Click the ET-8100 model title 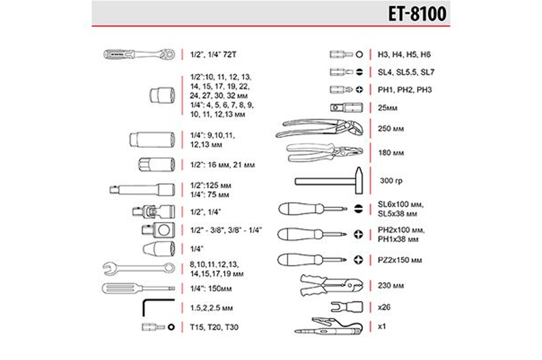pos(417,14)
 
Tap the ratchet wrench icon pos(139,54)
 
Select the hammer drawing pos(329,181)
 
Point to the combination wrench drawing pos(138,269)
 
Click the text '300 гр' pos(391,181)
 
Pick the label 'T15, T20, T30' pos(214,327)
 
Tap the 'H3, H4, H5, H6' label pos(404,55)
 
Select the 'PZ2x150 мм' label pos(400,260)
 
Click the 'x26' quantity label pos(384,307)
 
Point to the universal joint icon pos(154,211)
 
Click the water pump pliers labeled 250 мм pos(319,128)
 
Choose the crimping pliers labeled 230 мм pos(332,285)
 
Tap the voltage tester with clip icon pos(329,327)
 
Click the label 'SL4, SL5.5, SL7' pos(406,72)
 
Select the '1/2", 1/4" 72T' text pos(213,55)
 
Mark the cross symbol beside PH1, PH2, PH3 pos(359,90)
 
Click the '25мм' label pos(387,108)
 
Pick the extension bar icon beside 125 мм pos(142,189)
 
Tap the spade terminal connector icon pos(347,307)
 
